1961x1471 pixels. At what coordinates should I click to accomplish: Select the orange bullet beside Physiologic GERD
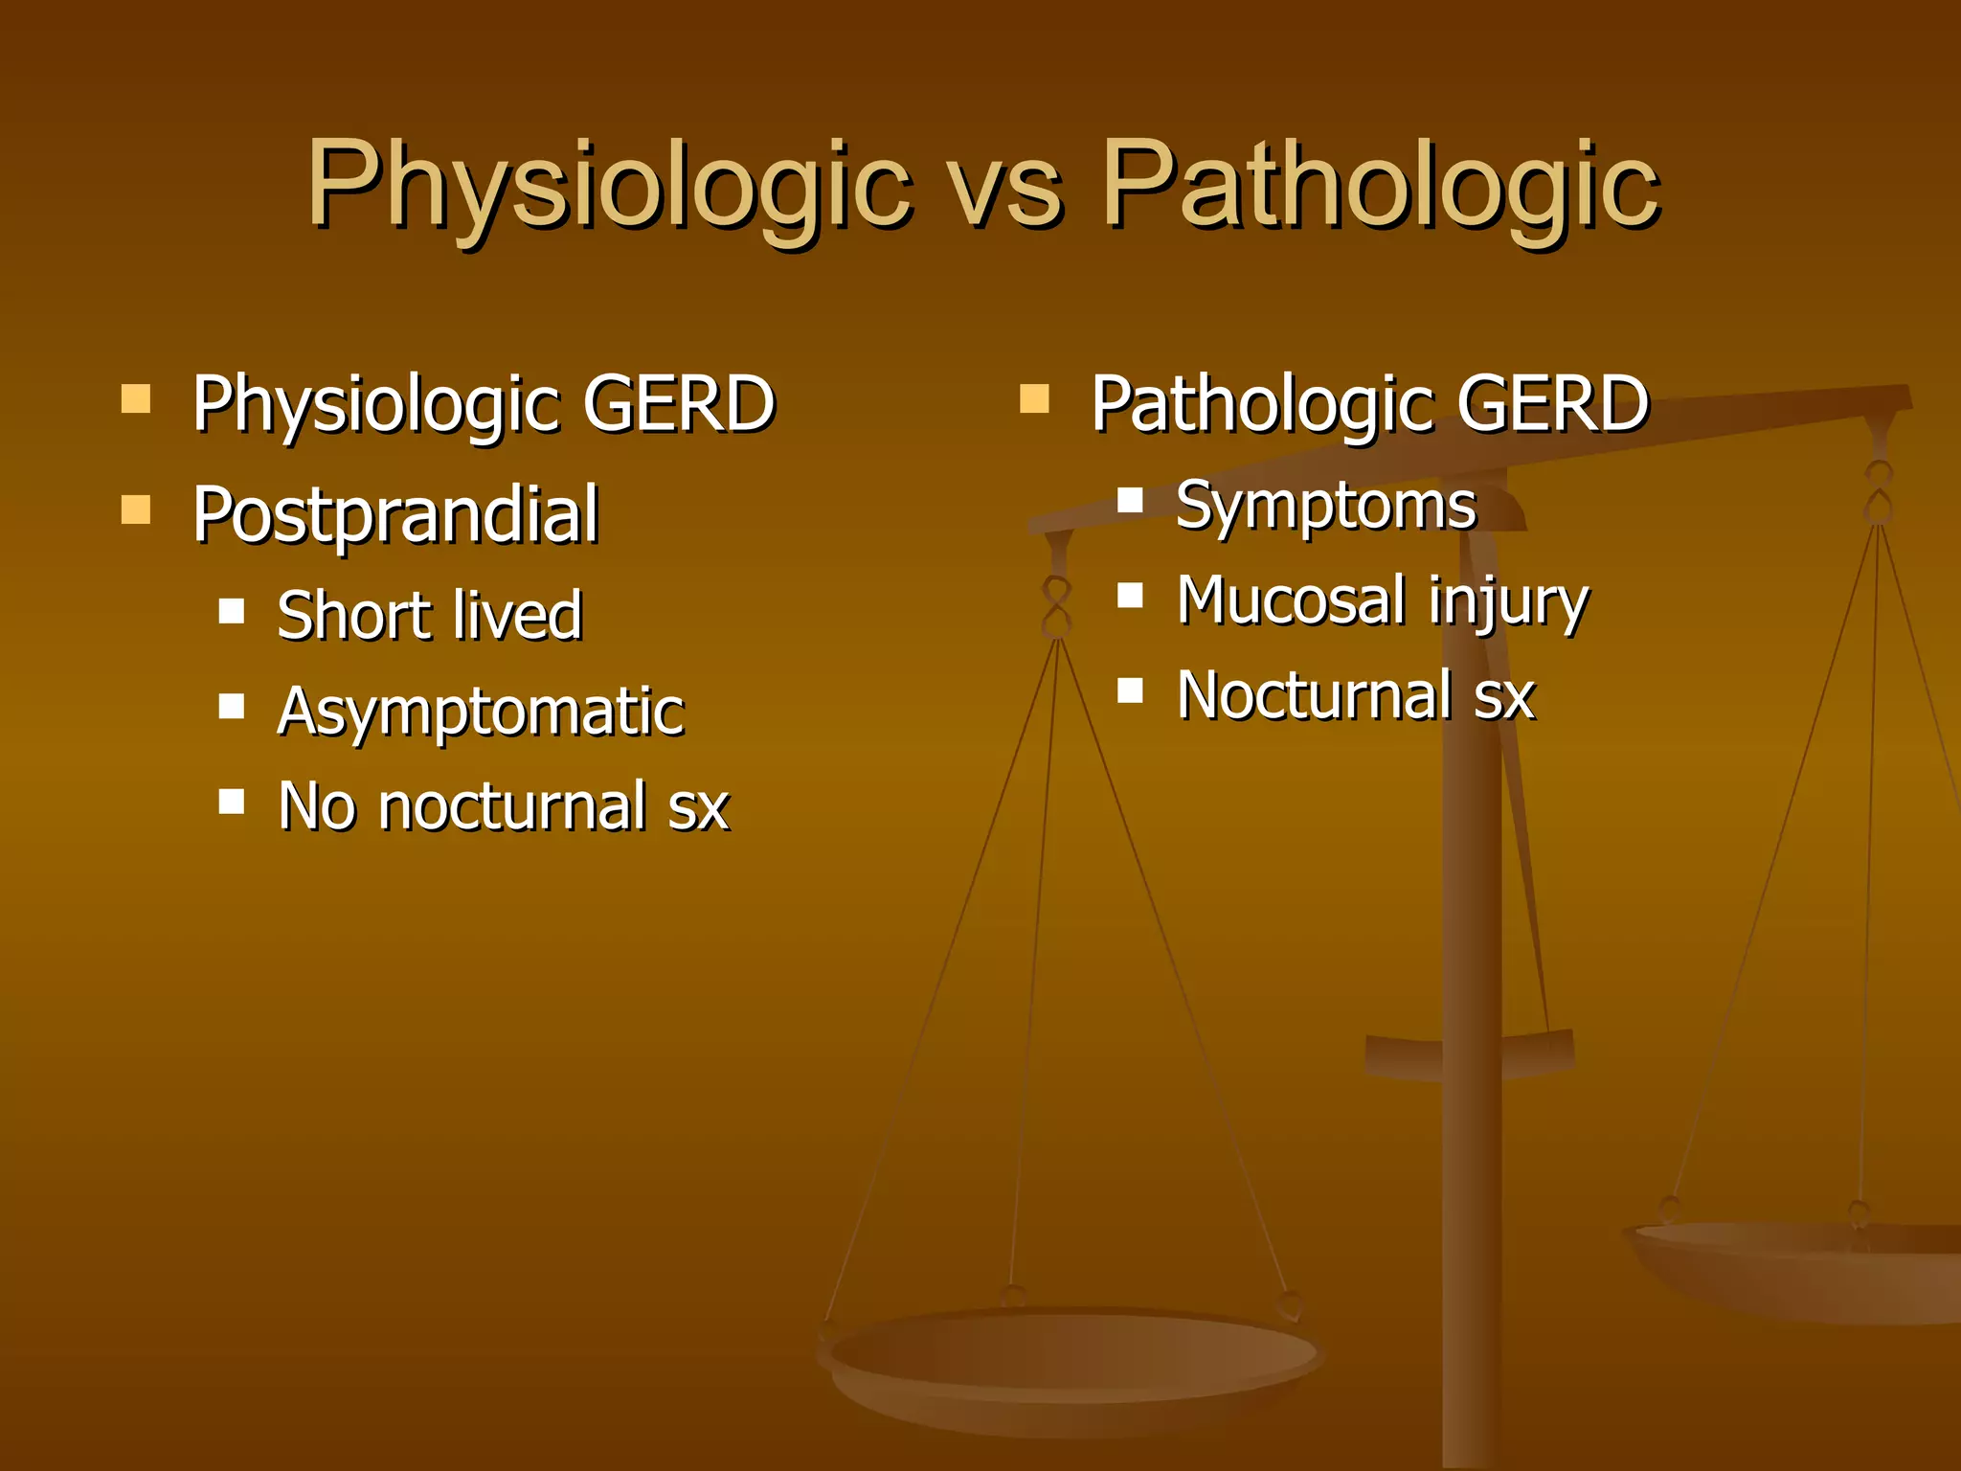136,398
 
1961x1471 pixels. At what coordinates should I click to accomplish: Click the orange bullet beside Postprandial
136,509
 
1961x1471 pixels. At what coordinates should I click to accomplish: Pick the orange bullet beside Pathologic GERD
1035,398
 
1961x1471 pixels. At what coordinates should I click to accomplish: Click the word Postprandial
395,515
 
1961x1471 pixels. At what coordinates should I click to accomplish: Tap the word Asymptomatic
481,712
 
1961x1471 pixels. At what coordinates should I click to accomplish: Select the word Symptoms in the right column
1326,506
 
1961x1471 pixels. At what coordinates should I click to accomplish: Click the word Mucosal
1292,600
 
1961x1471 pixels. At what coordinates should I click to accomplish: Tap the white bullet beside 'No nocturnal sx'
232,802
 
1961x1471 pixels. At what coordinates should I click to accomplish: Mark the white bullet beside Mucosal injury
1131,596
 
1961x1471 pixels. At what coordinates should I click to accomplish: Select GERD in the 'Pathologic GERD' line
1552,404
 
